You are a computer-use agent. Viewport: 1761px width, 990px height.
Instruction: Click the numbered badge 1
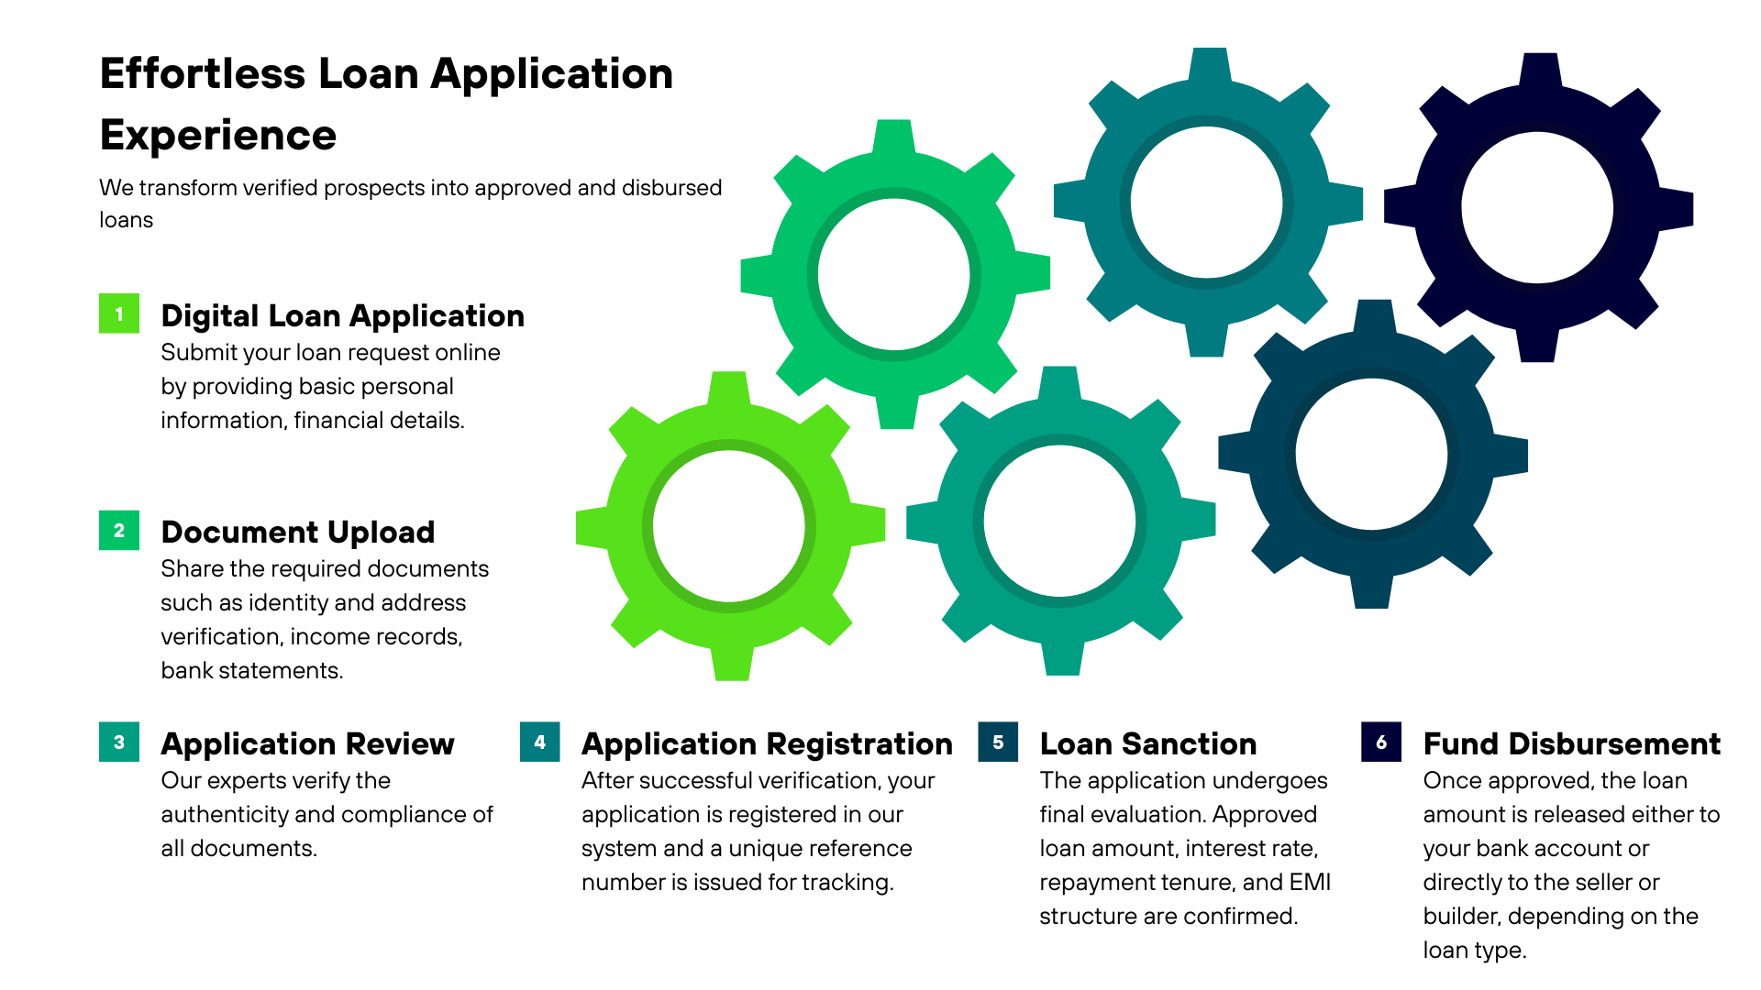point(119,313)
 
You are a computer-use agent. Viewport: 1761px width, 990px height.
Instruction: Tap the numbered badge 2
point(119,531)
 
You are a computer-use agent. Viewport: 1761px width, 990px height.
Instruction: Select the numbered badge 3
point(119,742)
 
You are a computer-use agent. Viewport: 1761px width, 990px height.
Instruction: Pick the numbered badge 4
point(539,742)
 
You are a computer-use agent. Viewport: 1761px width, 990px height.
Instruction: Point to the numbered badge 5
point(998,742)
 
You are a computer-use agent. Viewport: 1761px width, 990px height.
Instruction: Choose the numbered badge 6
point(1381,742)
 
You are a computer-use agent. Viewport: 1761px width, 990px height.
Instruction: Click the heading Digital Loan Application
point(342,316)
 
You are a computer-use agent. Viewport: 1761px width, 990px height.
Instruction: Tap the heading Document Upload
point(297,533)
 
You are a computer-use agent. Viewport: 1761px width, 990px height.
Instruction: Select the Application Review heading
point(307,744)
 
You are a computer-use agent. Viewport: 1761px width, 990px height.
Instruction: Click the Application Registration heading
point(767,744)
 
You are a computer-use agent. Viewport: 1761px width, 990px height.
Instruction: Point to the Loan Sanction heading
point(1147,744)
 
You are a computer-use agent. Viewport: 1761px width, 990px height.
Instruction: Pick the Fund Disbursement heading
point(1571,744)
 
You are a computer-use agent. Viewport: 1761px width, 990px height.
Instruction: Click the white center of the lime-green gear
point(729,526)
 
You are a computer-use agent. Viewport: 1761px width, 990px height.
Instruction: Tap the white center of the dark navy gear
point(1537,208)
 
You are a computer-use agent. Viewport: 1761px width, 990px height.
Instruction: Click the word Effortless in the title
point(203,74)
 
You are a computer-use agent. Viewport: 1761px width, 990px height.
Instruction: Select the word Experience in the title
point(218,136)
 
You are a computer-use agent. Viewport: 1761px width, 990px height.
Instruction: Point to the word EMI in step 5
point(1310,883)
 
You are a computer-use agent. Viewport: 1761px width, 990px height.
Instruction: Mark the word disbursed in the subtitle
point(671,188)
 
